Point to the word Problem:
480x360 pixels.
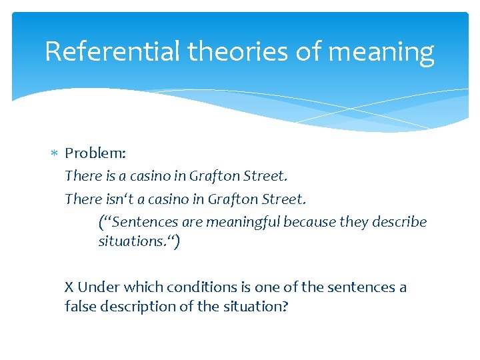tap(95, 153)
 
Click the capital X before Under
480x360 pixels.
tap(69, 287)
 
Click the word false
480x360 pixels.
tap(80, 307)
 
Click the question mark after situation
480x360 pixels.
tap(285, 307)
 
